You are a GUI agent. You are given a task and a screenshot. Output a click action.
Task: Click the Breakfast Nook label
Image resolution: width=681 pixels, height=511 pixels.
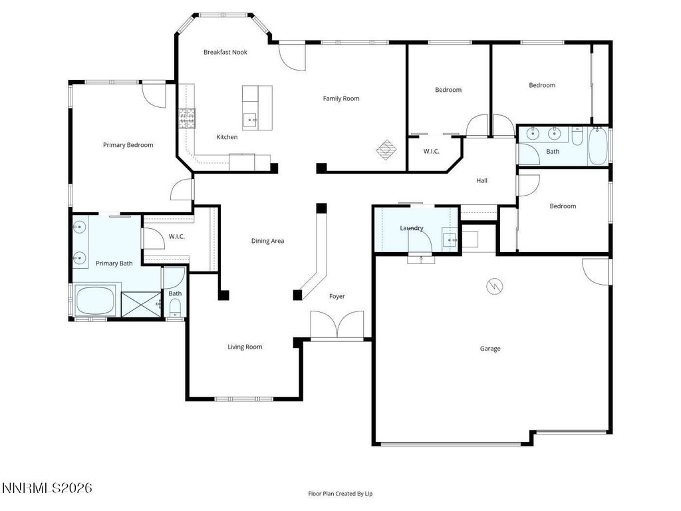225,52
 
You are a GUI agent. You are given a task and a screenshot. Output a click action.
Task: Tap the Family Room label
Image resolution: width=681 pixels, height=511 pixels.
341,98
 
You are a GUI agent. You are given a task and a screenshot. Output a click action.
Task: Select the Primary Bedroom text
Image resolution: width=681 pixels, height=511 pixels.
128,145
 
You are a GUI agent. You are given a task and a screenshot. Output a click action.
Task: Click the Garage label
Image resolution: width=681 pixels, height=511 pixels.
491,349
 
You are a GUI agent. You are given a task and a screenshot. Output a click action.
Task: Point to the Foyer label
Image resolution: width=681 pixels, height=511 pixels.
337,296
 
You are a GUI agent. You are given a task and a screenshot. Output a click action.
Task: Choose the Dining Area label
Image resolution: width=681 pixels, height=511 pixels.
267,241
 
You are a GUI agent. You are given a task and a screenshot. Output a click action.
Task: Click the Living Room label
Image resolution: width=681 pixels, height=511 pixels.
245,347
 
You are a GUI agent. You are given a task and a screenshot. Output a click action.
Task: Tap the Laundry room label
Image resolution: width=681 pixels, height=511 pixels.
412,228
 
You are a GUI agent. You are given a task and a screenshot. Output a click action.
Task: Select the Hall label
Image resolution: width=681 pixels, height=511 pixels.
482,180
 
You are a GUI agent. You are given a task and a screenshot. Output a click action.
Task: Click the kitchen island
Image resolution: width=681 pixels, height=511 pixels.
257,107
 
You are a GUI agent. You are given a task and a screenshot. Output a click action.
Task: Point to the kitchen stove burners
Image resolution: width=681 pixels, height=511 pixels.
186,118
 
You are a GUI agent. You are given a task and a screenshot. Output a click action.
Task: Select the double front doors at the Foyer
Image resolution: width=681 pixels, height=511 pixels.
337,326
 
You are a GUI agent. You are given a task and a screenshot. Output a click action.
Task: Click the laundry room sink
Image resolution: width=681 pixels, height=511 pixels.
450,239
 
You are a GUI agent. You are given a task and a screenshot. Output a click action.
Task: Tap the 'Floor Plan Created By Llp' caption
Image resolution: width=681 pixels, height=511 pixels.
344,494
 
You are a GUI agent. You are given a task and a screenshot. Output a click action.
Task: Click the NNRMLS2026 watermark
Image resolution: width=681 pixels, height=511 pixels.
47,488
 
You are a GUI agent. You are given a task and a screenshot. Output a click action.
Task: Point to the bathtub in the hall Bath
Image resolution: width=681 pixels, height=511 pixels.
597,146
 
